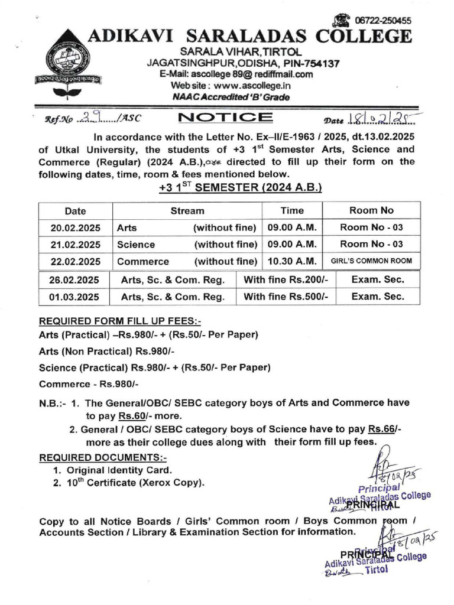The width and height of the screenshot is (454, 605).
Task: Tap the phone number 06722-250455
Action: click(382, 20)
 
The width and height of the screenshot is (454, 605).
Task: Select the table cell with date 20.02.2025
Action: click(75, 227)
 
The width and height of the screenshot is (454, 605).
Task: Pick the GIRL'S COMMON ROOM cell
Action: click(371, 261)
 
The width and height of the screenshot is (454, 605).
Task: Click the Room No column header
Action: click(371, 210)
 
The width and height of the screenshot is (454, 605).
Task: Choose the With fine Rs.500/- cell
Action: click(286, 297)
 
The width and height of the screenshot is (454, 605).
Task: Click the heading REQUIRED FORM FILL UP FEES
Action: click(120, 321)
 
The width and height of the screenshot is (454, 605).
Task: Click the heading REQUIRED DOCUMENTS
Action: click(103, 457)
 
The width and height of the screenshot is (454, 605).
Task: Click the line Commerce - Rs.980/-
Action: click(89, 384)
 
